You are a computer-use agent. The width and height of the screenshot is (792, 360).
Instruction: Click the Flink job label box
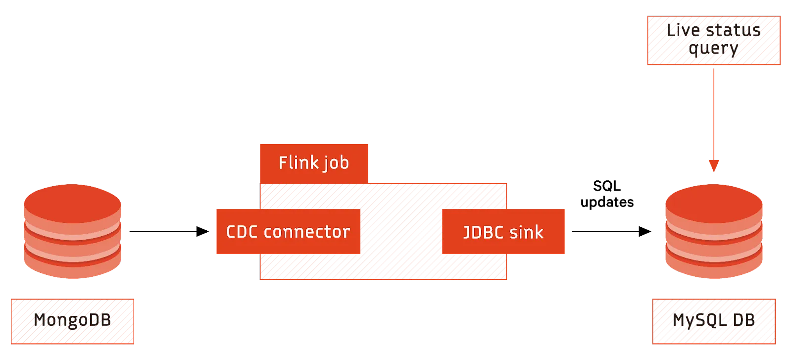(313, 163)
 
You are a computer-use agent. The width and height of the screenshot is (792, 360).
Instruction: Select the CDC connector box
(288, 232)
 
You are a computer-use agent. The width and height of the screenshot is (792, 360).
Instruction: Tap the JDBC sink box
(503, 232)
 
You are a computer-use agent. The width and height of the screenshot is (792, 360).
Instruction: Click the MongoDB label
(72, 321)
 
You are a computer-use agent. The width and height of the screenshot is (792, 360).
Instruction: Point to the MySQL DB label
(713, 321)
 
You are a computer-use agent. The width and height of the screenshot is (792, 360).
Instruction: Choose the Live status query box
(714, 41)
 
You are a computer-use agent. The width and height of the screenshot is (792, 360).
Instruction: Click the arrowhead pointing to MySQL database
(714, 165)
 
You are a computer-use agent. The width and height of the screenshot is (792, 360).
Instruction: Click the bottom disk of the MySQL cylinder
(714, 265)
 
